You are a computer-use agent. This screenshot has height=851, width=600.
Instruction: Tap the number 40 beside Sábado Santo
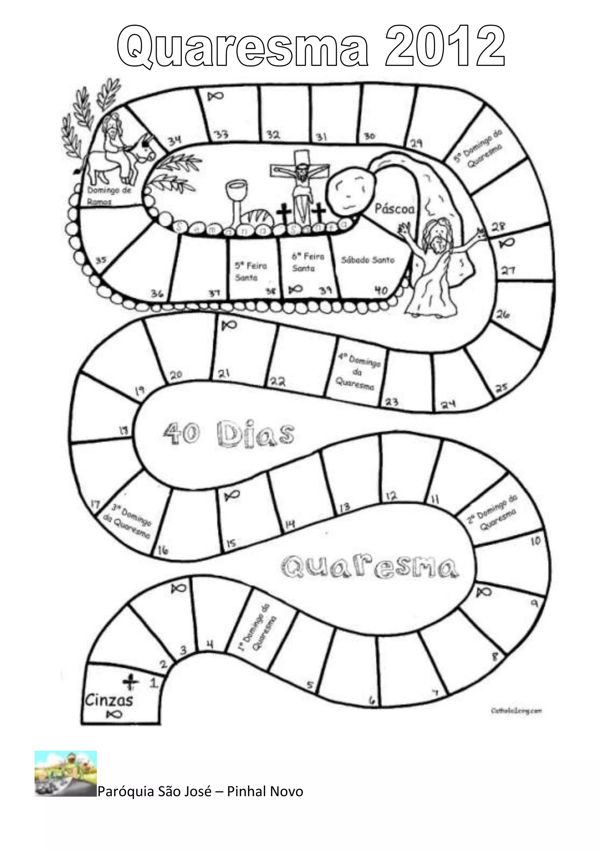click(381, 290)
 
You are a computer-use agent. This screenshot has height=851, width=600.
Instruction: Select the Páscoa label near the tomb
click(394, 209)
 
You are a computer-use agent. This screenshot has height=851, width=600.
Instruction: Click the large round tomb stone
click(351, 193)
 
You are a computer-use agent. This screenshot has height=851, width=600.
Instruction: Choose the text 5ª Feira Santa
click(251, 271)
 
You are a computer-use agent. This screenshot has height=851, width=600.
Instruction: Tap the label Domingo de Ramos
click(109, 195)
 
